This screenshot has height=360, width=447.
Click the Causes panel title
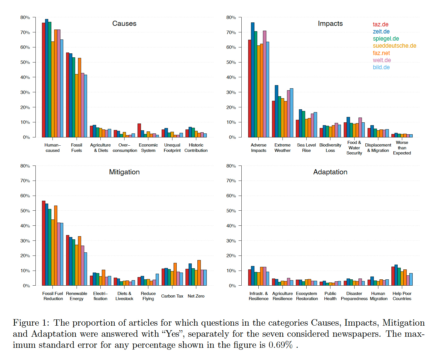124,24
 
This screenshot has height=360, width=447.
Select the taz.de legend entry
381,24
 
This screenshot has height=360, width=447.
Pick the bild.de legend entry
381,67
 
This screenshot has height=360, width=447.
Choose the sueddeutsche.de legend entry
395,46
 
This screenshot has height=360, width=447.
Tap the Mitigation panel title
124,172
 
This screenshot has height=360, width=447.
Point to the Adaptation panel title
330,172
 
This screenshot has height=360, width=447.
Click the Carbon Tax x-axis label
172,296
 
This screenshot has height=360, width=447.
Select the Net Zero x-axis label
196,296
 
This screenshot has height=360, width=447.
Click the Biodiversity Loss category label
330,148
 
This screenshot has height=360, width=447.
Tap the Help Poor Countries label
402,296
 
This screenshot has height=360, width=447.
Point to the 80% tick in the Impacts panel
231,18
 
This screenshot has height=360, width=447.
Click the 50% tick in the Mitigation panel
25,211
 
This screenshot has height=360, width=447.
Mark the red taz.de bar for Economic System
139,131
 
